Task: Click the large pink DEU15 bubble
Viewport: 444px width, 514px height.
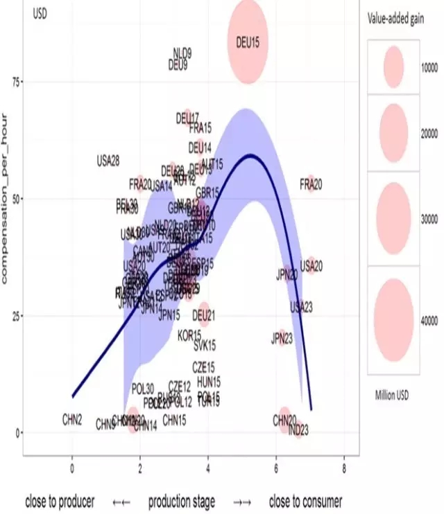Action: [x=248, y=42]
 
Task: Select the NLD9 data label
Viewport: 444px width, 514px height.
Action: [x=182, y=53]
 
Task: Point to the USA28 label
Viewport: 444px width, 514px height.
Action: [x=108, y=161]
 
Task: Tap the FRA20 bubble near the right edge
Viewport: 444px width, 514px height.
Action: [x=311, y=184]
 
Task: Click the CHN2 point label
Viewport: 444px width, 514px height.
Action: [x=72, y=419]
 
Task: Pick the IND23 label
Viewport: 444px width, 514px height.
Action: [x=298, y=430]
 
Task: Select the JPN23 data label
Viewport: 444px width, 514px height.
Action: [x=282, y=339]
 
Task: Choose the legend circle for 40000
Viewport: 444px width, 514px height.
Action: [x=393, y=319]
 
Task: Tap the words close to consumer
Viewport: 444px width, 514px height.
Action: [x=305, y=502]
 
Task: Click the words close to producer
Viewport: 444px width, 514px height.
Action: [x=60, y=502]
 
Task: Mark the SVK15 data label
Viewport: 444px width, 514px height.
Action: [x=205, y=344]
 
